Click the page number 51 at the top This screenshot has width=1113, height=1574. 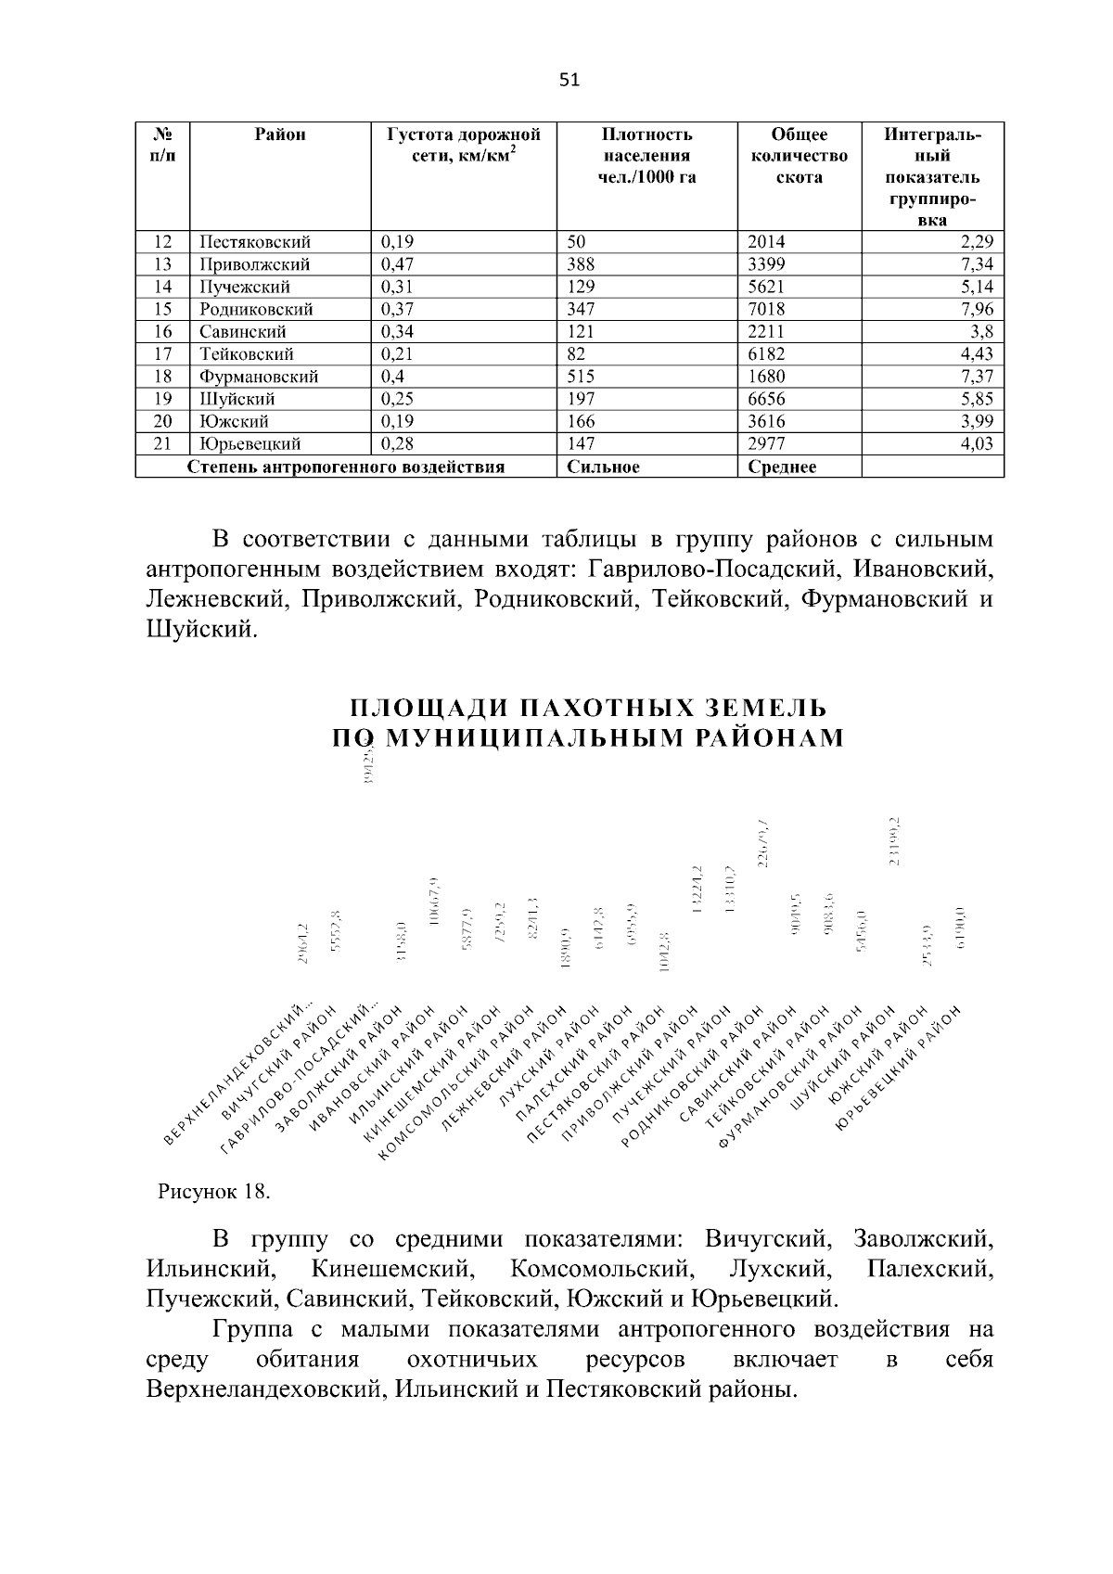pyautogui.click(x=569, y=80)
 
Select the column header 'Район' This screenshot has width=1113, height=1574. pyautogui.click(x=280, y=134)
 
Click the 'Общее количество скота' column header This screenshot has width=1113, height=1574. pyautogui.click(x=799, y=156)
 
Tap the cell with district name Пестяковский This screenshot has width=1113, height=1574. pyautogui.click(x=254, y=242)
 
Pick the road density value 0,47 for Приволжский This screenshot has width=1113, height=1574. pyautogui.click(x=398, y=264)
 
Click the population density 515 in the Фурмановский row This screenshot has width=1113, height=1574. pyautogui.click(x=581, y=377)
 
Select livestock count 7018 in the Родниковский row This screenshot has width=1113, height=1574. pyautogui.click(x=765, y=309)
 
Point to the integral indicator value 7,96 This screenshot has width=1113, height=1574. pyautogui.click(x=976, y=309)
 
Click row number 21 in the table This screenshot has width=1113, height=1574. pyautogui.click(x=162, y=443)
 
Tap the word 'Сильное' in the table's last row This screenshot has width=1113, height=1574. pyautogui.click(x=603, y=467)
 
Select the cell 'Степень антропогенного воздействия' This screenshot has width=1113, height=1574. pyautogui.click(x=346, y=467)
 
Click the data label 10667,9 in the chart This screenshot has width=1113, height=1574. pyautogui.click(x=435, y=901)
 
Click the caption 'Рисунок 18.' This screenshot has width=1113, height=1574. pyautogui.click(x=213, y=1192)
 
